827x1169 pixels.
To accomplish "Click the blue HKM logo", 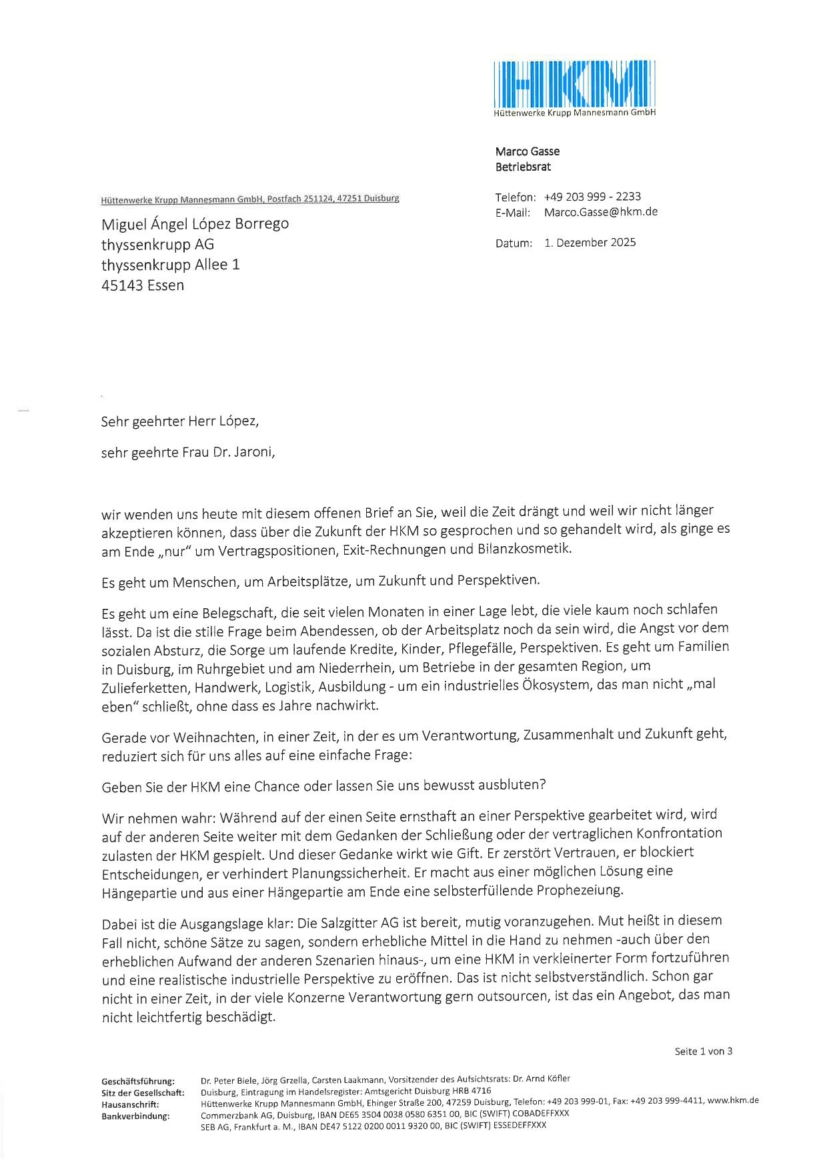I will (x=574, y=85).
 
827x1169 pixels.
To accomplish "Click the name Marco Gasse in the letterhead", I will (x=527, y=151).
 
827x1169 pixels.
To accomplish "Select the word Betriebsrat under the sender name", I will (x=523, y=167).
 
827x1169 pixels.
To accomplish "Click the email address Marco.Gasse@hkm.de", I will (x=600, y=212).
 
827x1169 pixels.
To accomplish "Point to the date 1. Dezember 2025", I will (x=590, y=243).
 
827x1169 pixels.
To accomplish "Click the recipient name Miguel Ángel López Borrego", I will (x=195, y=223).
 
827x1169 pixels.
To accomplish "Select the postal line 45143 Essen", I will (x=142, y=285).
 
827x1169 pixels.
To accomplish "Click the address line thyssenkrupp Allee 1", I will (x=170, y=265).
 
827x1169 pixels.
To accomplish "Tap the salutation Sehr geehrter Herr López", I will (x=179, y=421).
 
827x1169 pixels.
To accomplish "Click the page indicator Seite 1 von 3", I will (x=703, y=1052).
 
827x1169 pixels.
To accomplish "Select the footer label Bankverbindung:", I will (x=135, y=1116).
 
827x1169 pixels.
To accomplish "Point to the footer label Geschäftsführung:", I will (x=138, y=1080).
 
